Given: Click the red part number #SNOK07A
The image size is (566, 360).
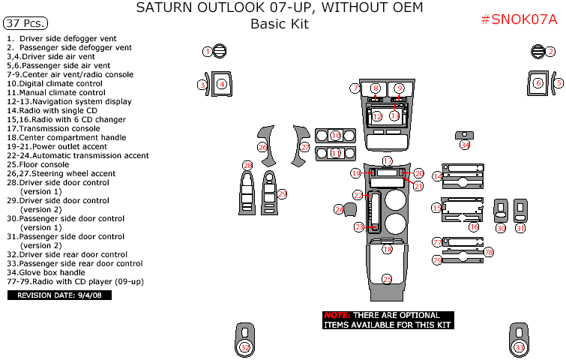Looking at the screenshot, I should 519,19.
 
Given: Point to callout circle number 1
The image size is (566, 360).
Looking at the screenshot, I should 208,51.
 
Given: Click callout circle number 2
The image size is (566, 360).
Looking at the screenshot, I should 550,52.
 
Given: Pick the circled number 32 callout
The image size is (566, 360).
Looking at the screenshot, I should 245,347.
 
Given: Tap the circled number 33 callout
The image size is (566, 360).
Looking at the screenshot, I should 520,347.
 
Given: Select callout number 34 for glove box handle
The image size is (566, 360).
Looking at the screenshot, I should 465,145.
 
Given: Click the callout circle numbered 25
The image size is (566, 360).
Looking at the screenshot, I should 387,279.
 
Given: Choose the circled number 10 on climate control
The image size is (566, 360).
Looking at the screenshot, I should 336,135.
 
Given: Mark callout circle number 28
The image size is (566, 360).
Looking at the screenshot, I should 247,165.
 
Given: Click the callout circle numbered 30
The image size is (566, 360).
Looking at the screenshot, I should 501,227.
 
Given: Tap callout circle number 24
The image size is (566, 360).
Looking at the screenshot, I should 339,209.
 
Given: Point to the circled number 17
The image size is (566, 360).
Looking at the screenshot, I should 387,161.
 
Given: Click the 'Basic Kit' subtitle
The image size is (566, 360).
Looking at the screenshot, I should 279,24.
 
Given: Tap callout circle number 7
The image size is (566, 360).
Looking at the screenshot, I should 355,88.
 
